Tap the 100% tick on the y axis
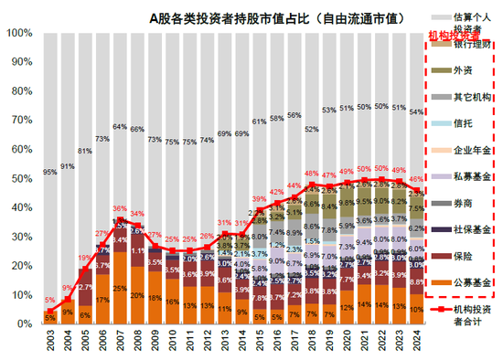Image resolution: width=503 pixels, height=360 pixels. click(x=18, y=33)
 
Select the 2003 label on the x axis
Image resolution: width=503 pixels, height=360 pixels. click(x=50, y=342)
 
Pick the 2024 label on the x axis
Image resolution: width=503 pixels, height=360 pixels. click(x=416, y=342)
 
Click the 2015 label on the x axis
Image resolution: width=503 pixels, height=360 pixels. click(x=260, y=342)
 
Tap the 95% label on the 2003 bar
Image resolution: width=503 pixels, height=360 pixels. click(x=49, y=171)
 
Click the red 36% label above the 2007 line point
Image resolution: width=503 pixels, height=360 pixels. click(x=120, y=209)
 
